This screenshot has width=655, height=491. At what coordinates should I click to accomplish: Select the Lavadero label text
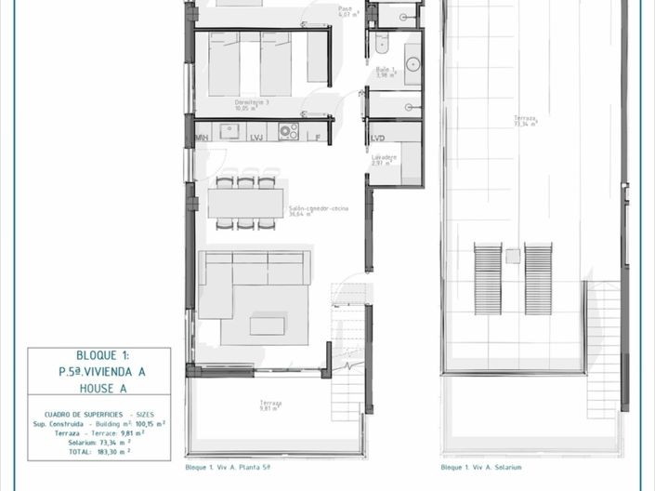384,159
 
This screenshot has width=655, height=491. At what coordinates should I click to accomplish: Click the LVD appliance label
378,138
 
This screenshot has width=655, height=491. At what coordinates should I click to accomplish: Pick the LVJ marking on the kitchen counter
257,138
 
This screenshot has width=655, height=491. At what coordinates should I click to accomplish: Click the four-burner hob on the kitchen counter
288,131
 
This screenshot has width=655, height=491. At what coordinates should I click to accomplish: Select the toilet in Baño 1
381,42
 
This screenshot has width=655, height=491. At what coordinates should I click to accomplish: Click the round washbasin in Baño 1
413,64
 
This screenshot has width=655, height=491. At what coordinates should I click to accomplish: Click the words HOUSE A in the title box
99,390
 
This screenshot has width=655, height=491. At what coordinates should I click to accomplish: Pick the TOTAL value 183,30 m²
113,451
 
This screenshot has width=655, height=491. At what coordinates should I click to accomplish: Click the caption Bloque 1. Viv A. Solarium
481,468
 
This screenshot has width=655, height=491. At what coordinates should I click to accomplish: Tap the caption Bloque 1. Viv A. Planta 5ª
229,468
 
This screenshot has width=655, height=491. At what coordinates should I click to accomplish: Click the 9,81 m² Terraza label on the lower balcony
270,405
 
